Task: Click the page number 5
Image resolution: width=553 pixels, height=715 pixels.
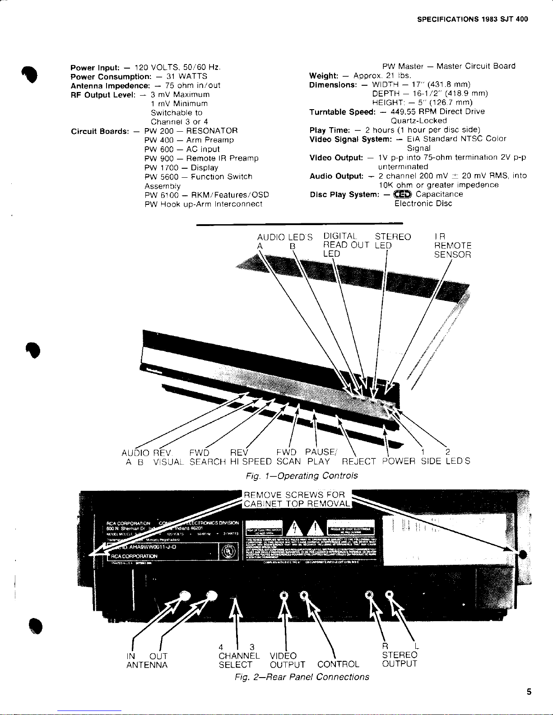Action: [x=529, y=692]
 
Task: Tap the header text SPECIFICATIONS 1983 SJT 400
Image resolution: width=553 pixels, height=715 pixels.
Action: [x=472, y=19]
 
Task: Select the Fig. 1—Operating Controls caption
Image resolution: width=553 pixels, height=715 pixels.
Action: [x=302, y=475]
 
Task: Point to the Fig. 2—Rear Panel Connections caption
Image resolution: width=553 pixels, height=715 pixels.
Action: [x=302, y=677]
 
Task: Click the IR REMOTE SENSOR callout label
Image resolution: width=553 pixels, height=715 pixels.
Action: [x=452, y=245]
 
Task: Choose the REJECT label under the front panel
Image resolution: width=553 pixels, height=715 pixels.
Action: [x=358, y=461]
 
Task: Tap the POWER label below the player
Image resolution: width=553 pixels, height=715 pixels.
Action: [x=399, y=461]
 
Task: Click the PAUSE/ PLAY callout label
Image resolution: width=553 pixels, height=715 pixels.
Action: [x=320, y=457]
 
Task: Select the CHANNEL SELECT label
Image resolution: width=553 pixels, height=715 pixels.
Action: [x=239, y=660]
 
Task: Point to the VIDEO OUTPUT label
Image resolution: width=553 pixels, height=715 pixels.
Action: [x=287, y=660]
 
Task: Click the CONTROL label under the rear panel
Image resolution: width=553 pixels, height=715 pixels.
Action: [x=338, y=664]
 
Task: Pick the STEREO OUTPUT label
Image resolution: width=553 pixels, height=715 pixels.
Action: [x=400, y=659]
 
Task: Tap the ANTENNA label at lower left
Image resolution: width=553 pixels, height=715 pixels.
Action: [x=147, y=665]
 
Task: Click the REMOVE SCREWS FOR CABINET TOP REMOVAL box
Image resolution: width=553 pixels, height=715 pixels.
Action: [x=297, y=499]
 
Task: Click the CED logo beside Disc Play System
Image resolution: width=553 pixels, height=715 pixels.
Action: [x=403, y=194]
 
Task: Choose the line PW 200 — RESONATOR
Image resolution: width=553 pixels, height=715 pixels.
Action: [x=191, y=131]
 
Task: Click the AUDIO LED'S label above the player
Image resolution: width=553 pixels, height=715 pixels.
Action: [x=284, y=237]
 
